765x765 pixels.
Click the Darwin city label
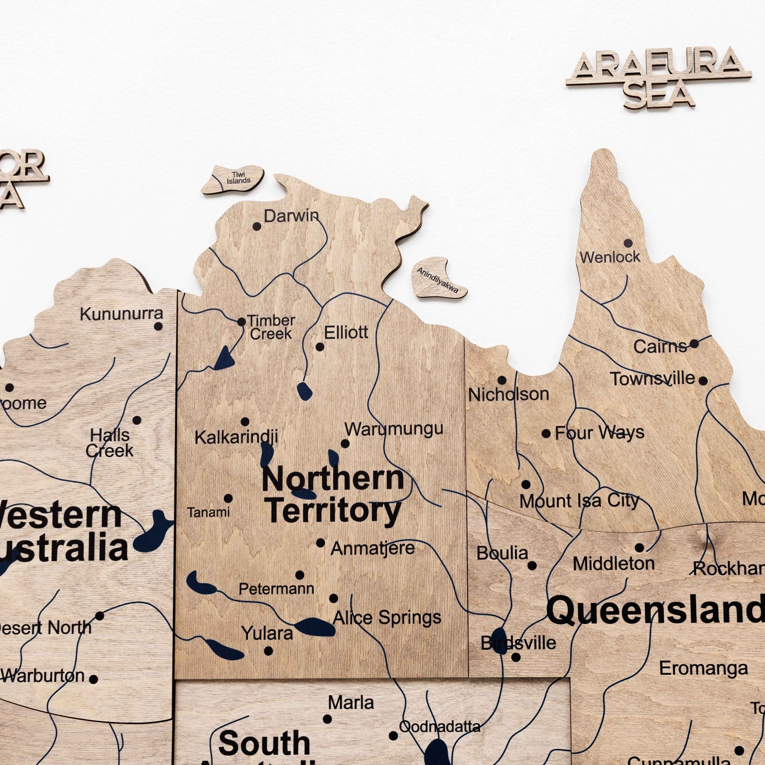(x=291, y=216)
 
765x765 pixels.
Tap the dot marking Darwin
(x=257, y=227)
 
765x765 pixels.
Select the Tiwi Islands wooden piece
(x=233, y=179)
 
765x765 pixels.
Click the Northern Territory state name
(x=333, y=495)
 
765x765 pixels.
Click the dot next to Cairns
(x=694, y=343)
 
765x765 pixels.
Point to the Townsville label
(x=652, y=379)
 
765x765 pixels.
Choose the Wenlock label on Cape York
(x=610, y=257)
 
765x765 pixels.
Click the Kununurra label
(x=121, y=314)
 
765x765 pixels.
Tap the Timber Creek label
(x=271, y=327)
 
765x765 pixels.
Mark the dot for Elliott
(x=319, y=347)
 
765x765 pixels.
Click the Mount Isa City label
(x=579, y=501)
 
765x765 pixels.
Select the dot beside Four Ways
(x=546, y=434)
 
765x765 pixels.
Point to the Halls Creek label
(x=110, y=443)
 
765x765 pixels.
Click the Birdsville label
(x=518, y=643)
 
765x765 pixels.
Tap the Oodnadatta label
(x=439, y=727)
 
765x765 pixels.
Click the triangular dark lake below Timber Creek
(x=224, y=359)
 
